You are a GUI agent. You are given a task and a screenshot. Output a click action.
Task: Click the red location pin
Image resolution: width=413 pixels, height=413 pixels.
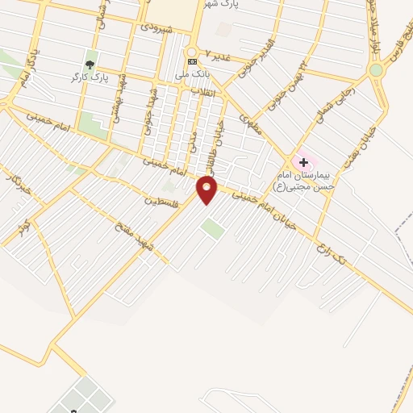(206, 189)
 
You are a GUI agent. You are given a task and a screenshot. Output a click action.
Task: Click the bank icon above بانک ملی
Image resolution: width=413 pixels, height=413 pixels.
(192, 61)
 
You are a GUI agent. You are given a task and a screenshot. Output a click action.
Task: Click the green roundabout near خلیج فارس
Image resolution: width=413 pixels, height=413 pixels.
(376, 70)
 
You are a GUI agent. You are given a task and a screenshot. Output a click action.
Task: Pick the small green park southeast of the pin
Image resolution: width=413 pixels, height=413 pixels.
(213, 228)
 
